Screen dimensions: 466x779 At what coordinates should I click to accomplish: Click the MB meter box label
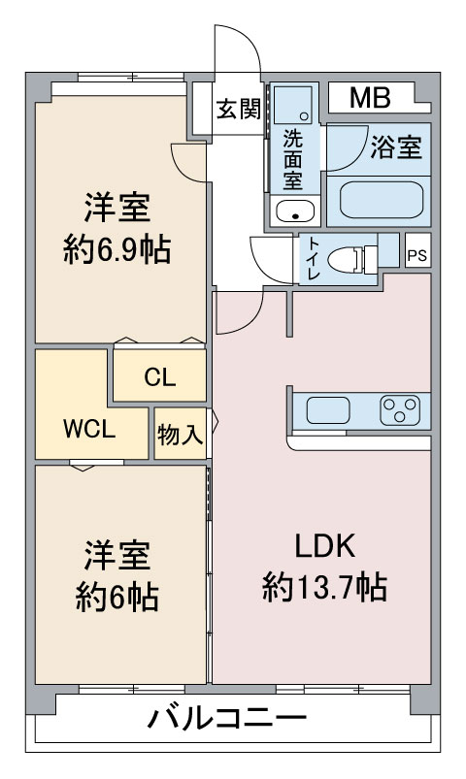(x=370, y=98)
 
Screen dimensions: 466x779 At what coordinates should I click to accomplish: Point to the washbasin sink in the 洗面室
(x=295, y=211)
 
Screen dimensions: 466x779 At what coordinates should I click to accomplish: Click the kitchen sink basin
(x=328, y=411)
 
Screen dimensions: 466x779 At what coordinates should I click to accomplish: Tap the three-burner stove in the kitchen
(x=400, y=410)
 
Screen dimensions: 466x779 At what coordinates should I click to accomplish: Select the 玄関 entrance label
(x=239, y=109)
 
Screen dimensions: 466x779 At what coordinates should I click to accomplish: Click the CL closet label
(x=159, y=377)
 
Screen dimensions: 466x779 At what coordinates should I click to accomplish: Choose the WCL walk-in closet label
(x=89, y=429)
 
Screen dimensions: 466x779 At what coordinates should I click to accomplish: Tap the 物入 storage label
(x=180, y=436)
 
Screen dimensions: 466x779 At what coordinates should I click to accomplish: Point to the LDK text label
(x=325, y=545)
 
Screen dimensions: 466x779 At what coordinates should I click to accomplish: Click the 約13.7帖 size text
(x=325, y=587)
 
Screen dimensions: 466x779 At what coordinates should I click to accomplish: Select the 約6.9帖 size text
(x=117, y=249)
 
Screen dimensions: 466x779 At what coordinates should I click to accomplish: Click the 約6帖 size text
(x=117, y=597)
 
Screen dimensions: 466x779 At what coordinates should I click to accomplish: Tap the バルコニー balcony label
(x=227, y=718)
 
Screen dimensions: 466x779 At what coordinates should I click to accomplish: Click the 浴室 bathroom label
(x=396, y=146)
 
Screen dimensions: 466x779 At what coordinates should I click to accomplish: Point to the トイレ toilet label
(x=314, y=258)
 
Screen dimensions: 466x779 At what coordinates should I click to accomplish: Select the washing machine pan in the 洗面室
(x=293, y=105)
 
